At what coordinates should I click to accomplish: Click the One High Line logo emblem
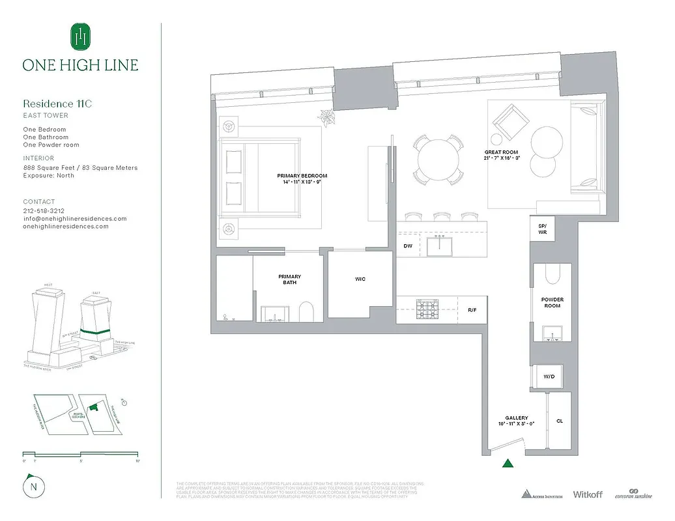[x=80, y=37]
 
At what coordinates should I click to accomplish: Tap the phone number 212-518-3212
[x=44, y=211]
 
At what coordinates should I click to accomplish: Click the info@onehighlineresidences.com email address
[x=75, y=219]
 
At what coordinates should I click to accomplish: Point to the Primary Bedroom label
[x=302, y=176]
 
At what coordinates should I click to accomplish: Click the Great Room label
[x=501, y=152]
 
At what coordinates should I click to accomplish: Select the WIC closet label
[x=360, y=279]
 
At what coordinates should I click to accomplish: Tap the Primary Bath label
[x=290, y=279]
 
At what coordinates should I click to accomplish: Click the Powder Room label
[x=552, y=303]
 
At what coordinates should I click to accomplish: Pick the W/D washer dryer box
[x=548, y=377]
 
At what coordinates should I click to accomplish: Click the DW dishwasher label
[x=408, y=246]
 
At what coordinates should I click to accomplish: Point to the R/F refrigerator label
[x=472, y=310]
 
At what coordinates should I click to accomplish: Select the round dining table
[x=438, y=160]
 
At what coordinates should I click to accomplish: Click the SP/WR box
[x=542, y=229]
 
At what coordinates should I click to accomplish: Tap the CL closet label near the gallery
[x=559, y=421]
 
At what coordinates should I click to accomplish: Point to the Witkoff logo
[x=587, y=494]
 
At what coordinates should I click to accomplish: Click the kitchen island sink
[x=440, y=246]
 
